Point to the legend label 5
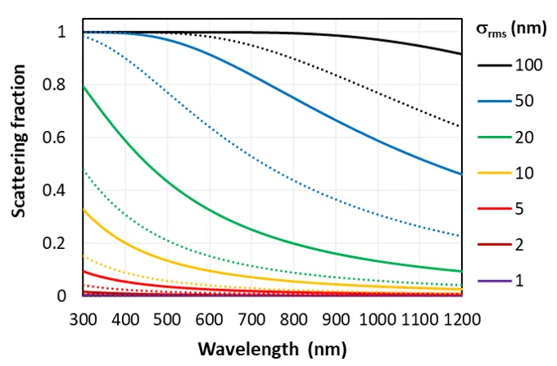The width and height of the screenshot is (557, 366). pos(519,209)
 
